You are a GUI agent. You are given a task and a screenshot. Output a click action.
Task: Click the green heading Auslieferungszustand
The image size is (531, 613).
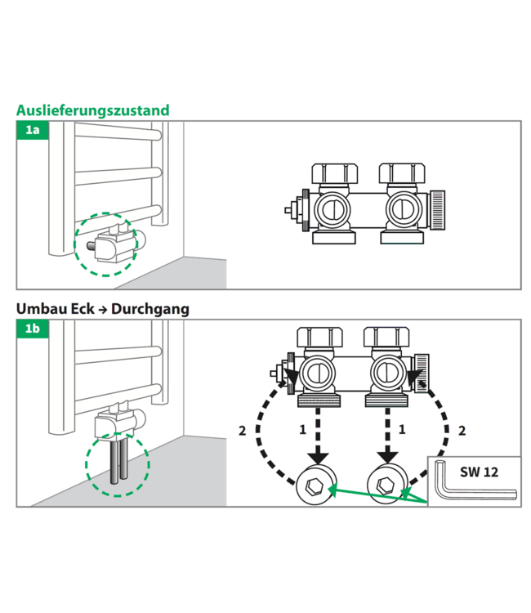coord(92,110)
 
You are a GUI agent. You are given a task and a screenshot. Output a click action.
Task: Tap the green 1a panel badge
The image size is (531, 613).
coord(33,130)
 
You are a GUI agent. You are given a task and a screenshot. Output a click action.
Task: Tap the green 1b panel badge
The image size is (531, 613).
coord(33,329)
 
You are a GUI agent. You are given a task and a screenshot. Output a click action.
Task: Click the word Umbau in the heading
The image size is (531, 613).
coord(36,309)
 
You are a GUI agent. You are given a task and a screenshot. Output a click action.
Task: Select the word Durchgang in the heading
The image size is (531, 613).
coord(150,309)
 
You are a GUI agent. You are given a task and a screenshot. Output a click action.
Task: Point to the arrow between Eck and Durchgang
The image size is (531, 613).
coord(103,310)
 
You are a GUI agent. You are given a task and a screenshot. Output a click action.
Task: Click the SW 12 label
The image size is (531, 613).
coord(479,472)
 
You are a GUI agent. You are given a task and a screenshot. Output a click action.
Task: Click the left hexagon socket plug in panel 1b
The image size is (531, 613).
coord(315,485)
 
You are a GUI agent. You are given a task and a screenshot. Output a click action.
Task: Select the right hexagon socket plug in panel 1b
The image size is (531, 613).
coord(387,484)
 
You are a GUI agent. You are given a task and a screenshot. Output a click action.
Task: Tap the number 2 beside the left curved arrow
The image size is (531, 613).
coord(243,431)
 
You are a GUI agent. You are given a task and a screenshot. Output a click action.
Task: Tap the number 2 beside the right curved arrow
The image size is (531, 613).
coord(462,431)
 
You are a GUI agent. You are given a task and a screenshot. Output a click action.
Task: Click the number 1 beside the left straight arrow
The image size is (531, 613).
coord(303,430)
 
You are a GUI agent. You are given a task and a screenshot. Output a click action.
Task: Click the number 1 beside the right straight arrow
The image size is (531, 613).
coord(402,430)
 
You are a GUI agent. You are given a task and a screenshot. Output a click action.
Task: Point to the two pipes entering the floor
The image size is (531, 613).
coord(118,461)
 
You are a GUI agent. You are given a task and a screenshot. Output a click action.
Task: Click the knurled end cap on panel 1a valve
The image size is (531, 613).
coord(438,209)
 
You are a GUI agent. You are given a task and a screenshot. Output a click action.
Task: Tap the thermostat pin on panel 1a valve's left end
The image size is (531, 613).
coord(289,210)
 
